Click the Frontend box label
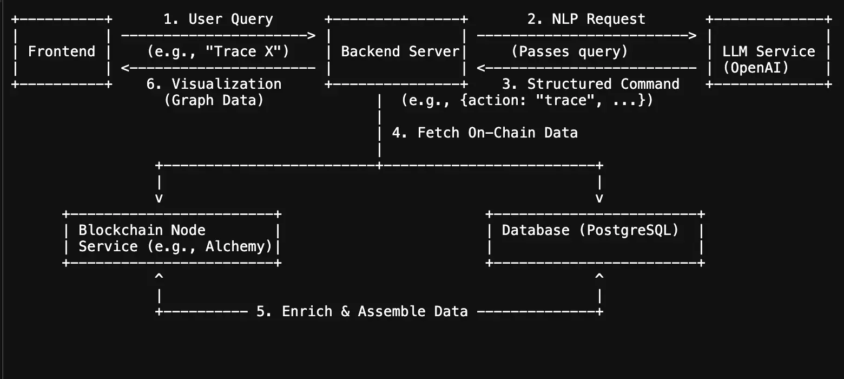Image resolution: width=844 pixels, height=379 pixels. coord(61,51)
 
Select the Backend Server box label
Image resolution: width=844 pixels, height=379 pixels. coord(400,51)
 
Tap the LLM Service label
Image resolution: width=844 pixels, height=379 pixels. coord(769,51)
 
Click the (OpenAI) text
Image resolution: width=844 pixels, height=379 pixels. coord(756,68)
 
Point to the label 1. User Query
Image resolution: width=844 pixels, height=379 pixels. coord(218,19)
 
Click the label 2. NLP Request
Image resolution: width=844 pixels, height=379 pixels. coord(586,19)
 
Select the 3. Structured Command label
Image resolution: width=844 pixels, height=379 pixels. coord(590,84)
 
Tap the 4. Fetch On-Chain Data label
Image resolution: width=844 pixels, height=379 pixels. coord(484,133)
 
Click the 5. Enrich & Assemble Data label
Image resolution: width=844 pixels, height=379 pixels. coord(361,311)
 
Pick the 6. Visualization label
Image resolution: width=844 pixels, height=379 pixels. coord(214,84)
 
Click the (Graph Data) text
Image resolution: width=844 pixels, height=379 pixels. coord(214,100)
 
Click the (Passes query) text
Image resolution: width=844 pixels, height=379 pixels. coord(569,51)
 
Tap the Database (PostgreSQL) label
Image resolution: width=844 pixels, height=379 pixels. coord(590,230)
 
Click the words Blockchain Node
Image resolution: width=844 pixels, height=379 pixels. coord(142,230)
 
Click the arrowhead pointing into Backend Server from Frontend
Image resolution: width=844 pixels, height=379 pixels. coord(311,36)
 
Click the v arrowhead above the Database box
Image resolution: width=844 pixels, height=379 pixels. coord(599,198)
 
